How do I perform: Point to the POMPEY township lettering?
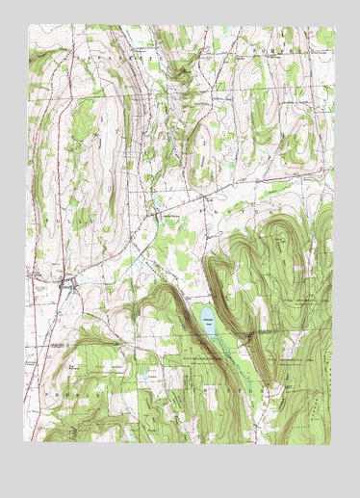point(290,43)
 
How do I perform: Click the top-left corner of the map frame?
point(29,27)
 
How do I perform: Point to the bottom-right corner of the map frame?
point(334,446)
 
